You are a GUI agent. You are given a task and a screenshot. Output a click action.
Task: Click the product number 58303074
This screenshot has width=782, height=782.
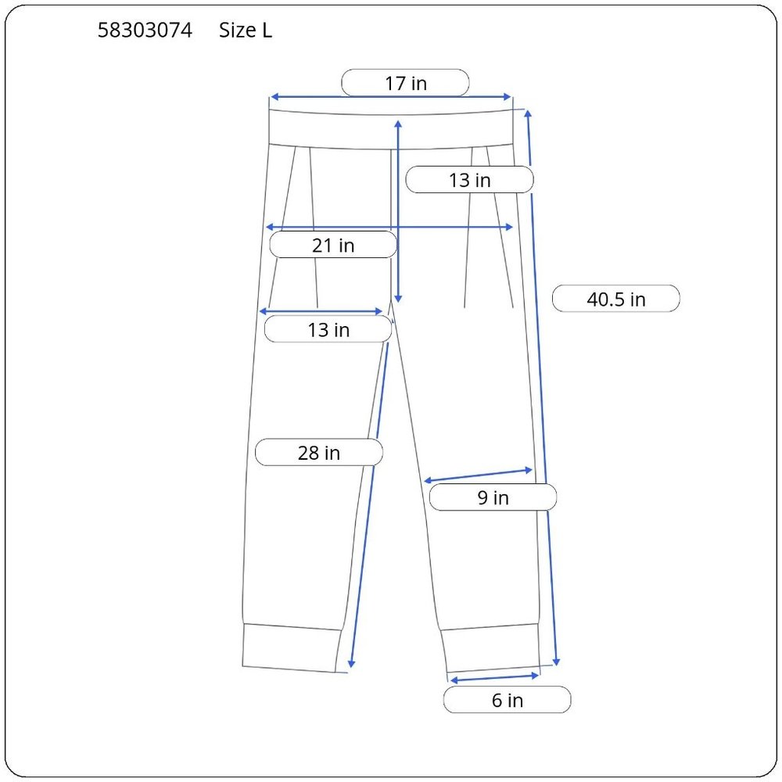(x=145, y=30)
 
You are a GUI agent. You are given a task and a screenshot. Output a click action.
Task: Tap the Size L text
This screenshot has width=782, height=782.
(x=246, y=30)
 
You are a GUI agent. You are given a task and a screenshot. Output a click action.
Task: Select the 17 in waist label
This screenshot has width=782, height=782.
(x=405, y=83)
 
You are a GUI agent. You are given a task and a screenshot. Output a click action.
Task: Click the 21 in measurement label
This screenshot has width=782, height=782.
(x=333, y=245)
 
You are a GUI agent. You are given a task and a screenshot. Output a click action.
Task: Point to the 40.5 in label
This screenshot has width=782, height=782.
(x=616, y=299)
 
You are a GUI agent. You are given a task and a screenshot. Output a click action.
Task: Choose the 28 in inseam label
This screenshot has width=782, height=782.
(x=319, y=452)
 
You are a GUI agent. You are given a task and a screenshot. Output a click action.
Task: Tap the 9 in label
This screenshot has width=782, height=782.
(x=493, y=497)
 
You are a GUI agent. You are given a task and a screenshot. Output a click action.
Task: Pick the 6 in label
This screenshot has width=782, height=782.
(x=508, y=700)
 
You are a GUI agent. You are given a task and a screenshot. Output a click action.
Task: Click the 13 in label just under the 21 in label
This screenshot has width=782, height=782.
(x=328, y=329)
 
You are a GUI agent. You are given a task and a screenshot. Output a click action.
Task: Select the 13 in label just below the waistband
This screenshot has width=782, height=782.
(x=470, y=180)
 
